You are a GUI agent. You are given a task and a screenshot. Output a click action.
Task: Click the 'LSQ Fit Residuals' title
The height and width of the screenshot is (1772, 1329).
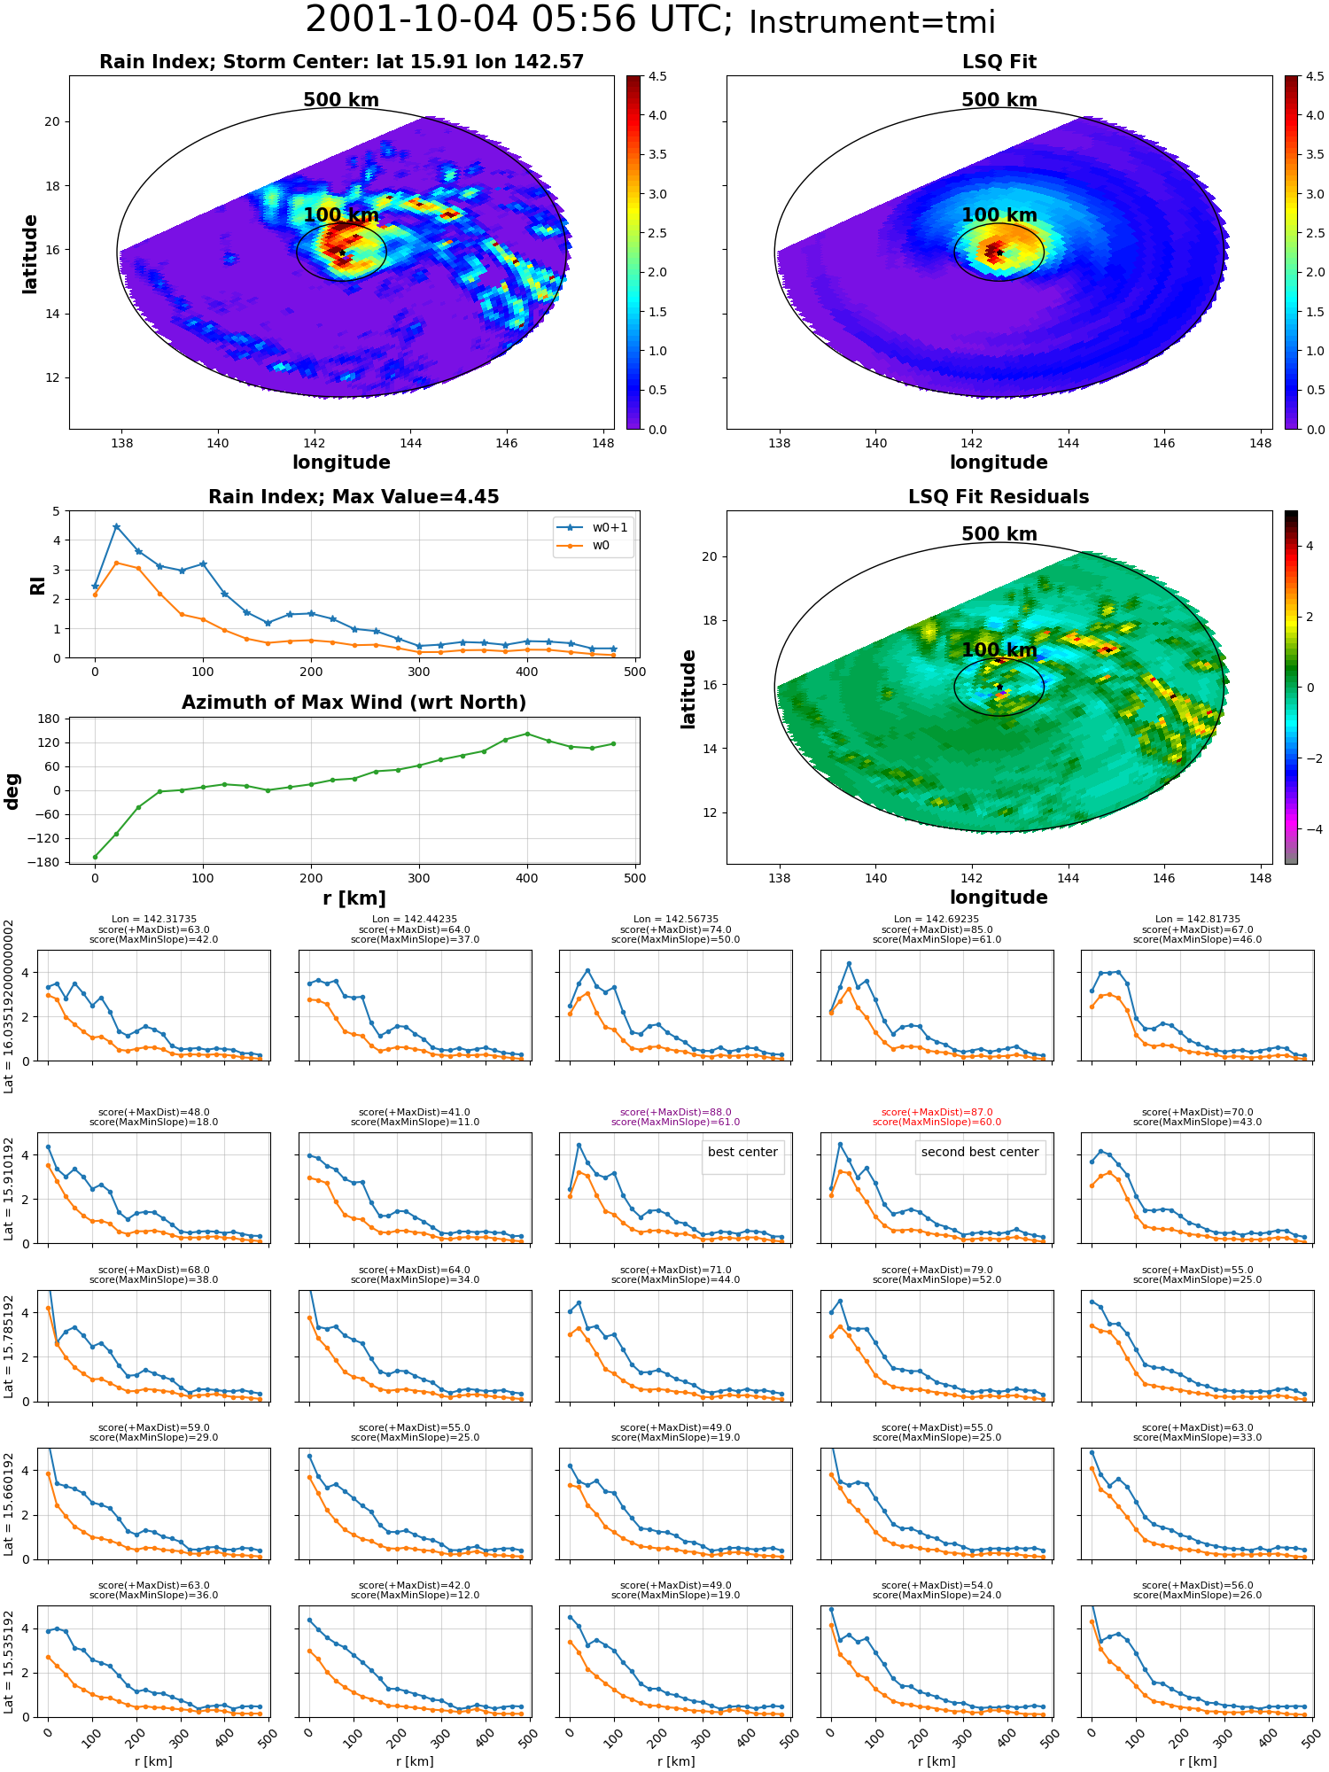point(999,497)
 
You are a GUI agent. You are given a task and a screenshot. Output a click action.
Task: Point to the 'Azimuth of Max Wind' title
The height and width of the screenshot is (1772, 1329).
point(354,703)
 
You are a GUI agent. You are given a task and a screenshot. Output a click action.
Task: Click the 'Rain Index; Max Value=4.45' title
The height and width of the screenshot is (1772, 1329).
point(354,497)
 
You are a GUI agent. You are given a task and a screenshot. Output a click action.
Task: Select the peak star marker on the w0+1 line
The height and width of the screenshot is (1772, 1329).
point(116,526)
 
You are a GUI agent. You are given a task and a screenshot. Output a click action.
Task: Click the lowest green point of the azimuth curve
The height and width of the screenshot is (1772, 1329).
point(95,857)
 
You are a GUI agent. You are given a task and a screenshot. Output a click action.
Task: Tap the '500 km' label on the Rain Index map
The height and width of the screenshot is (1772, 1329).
point(341,100)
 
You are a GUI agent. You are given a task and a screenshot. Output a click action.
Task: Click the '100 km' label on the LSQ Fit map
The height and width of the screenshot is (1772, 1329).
point(999,215)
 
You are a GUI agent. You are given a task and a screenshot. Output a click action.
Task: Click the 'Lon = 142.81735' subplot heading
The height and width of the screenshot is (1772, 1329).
point(1198,920)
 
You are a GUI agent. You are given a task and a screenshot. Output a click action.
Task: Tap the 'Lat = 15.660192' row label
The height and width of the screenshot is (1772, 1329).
point(9,1504)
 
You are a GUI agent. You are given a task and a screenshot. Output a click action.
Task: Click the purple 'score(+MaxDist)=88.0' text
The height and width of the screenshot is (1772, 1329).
point(676,1113)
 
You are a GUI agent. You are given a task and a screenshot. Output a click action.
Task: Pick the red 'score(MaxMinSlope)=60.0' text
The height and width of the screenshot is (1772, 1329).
point(937,1123)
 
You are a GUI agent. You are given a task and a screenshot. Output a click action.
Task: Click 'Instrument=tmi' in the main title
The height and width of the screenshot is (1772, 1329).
point(872,23)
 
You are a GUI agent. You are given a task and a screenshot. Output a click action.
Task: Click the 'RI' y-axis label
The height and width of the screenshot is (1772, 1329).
point(37,586)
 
